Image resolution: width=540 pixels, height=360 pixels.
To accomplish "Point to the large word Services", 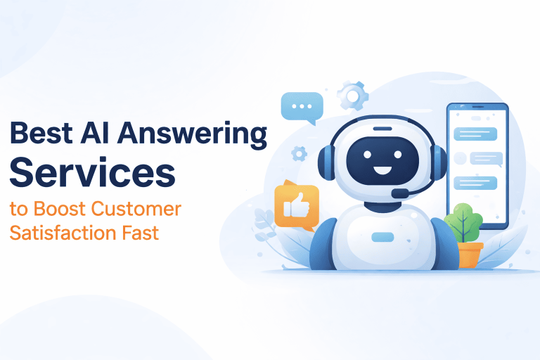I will tap(92, 172).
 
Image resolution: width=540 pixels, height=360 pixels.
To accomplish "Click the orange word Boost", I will tap(58, 209).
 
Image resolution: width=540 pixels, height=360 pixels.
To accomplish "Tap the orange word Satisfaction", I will tap(53, 231).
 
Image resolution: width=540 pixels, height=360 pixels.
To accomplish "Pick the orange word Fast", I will tap(139, 231).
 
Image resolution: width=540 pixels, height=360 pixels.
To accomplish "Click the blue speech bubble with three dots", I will tap(302, 107).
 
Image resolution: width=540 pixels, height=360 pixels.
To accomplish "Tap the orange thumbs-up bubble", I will tap(296, 205).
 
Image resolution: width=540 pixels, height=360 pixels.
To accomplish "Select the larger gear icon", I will tap(352, 95).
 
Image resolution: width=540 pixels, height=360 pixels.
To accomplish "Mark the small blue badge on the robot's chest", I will tap(382, 236).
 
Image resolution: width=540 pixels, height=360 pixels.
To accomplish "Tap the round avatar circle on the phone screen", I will tap(461, 157).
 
